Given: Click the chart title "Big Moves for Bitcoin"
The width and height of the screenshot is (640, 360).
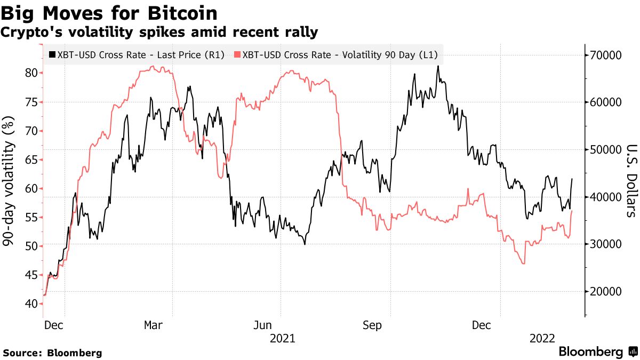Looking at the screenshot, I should tap(109, 12).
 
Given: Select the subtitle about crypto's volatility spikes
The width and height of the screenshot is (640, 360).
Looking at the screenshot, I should tap(159, 33).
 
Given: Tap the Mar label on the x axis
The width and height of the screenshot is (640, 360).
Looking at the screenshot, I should tap(154, 325).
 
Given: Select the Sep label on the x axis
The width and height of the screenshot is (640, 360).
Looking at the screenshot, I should tap(372, 325).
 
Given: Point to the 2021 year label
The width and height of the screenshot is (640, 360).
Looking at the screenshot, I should tap(283, 339).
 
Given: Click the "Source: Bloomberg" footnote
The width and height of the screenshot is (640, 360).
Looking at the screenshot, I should tap(52, 353).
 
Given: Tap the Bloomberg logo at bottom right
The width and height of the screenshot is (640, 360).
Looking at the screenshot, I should tap(597, 352).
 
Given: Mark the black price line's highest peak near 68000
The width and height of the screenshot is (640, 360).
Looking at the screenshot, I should tap(437, 66).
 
